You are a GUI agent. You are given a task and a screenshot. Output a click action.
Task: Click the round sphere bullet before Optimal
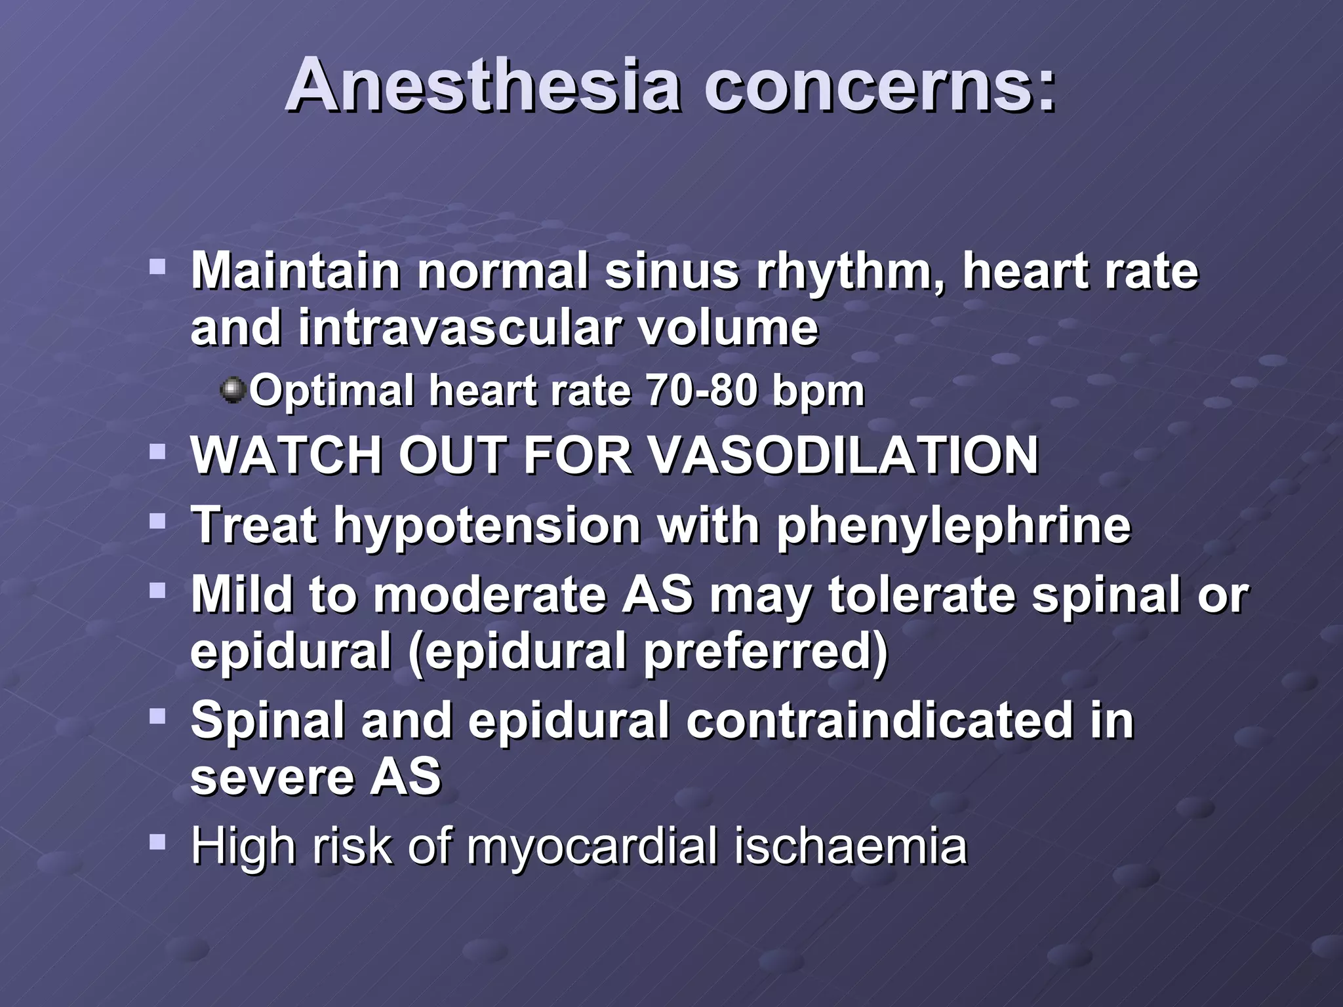pyautogui.click(x=233, y=390)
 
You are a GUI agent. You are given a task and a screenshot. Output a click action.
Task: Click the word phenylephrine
pyautogui.click(x=953, y=526)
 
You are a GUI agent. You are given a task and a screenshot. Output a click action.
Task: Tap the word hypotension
pyautogui.click(x=487, y=526)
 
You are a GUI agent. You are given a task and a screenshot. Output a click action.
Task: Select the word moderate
pyautogui.click(x=490, y=595)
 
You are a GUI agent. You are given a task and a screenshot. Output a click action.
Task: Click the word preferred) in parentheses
pyautogui.click(x=765, y=652)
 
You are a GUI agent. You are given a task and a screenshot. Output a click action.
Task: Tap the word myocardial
pyautogui.click(x=592, y=847)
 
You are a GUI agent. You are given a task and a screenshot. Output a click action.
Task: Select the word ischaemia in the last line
pyautogui.click(x=850, y=846)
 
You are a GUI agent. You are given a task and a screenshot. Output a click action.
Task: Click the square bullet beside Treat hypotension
pyautogui.click(x=157, y=522)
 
